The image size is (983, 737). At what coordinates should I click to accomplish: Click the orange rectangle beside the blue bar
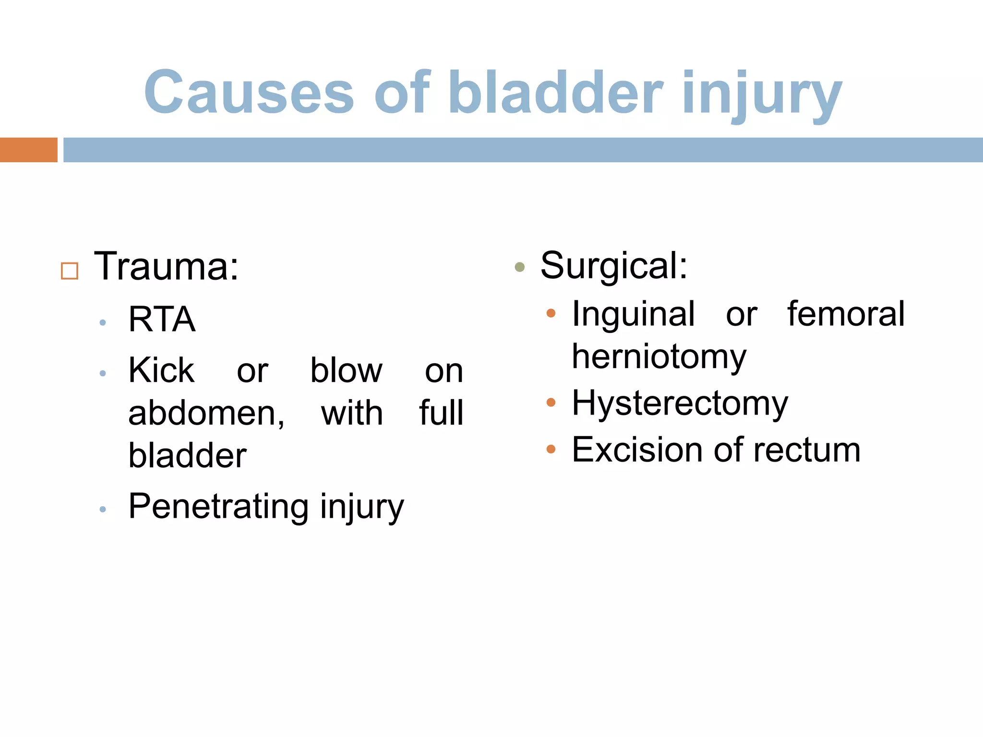point(28,150)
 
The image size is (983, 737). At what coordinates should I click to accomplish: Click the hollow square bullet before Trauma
point(70,271)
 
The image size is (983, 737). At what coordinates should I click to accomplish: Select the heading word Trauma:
point(166,266)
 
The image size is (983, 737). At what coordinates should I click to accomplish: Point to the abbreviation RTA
point(162,320)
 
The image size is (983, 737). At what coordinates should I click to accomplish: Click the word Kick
point(161,370)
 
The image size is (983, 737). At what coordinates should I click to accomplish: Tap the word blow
point(346,370)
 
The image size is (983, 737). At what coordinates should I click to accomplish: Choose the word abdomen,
point(206,413)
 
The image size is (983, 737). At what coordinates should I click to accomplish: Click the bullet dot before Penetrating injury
point(102,510)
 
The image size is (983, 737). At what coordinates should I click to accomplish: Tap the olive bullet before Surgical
point(519,267)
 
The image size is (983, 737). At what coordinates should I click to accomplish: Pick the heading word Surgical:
point(614,265)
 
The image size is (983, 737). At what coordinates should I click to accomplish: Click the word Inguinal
point(633,314)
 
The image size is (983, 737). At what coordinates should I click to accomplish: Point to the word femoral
point(846,314)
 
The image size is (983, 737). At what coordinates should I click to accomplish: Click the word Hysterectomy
point(680,403)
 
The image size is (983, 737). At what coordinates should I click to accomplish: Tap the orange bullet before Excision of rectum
point(551,450)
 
